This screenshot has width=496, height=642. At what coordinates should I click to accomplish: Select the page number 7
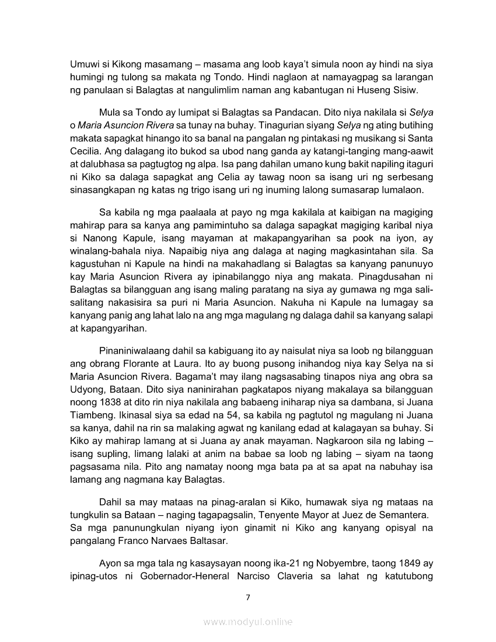tap(248, 597)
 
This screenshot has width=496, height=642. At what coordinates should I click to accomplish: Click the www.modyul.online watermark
tap(248, 622)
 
